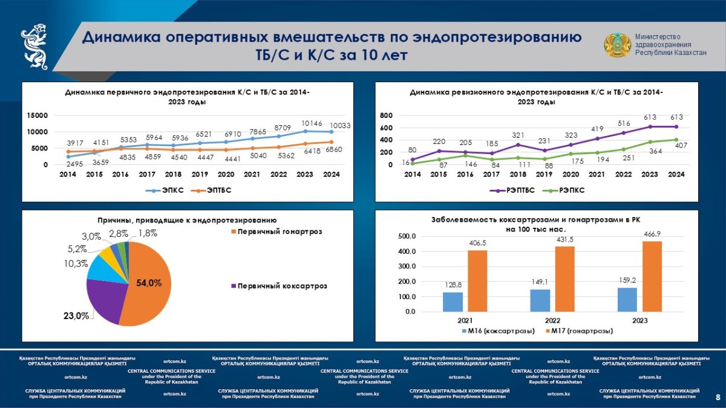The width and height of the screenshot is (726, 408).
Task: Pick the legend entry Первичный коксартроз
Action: click(282, 286)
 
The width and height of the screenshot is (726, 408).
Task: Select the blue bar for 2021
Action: click(452, 302)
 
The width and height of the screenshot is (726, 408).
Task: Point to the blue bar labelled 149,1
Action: click(540, 300)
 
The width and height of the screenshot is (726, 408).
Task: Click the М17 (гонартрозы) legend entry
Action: click(579, 331)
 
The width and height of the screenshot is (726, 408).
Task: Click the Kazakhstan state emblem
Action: click(617, 47)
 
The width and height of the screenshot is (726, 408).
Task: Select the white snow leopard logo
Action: click(35, 47)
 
